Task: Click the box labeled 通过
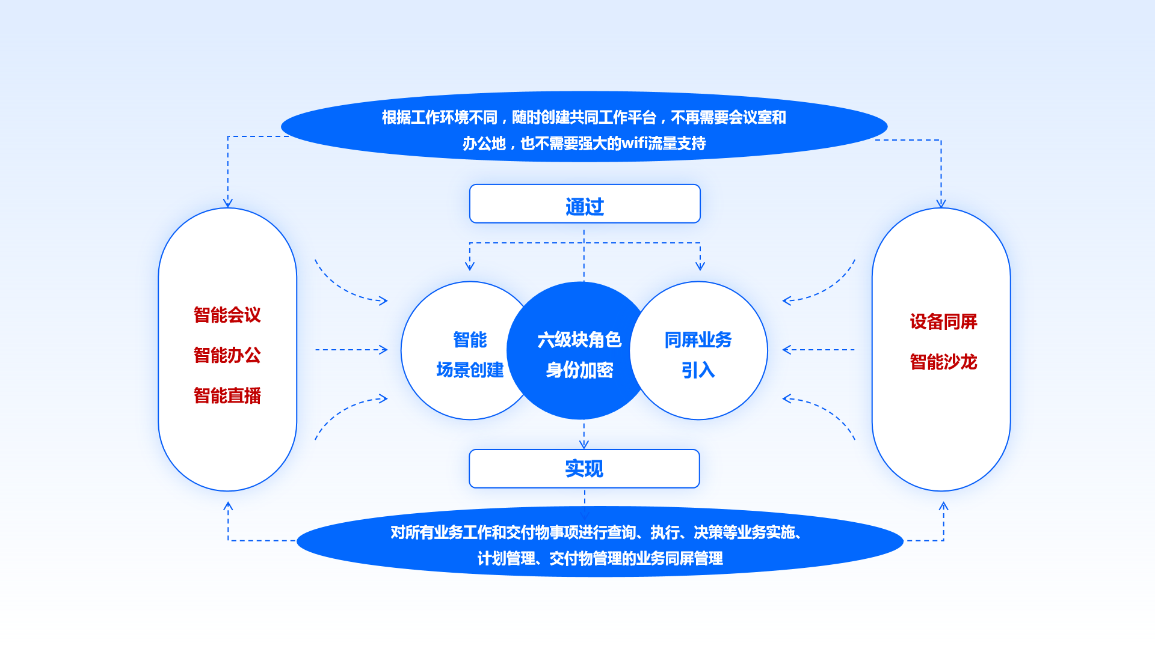(x=585, y=204)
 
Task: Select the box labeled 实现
(x=584, y=469)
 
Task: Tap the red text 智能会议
(x=227, y=315)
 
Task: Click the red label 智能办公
(x=227, y=355)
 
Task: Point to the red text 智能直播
(x=227, y=395)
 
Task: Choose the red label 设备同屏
(x=943, y=321)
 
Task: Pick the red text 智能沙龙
(x=943, y=362)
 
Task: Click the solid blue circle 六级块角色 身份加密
(x=579, y=350)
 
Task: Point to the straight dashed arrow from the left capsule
(x=351, y=350)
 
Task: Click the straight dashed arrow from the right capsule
(x=818, y=350)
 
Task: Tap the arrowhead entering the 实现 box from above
(x=584, y=445)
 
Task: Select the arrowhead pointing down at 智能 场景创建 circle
(x=470, y=266)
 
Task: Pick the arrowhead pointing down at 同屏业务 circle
(x=700, y=266)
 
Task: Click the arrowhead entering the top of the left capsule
(x=227, y=203)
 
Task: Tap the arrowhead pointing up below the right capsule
(x=943, y=506)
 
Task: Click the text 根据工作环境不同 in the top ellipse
(x=440, y=117)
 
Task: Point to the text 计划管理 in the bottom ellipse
(x=506, y=559)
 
